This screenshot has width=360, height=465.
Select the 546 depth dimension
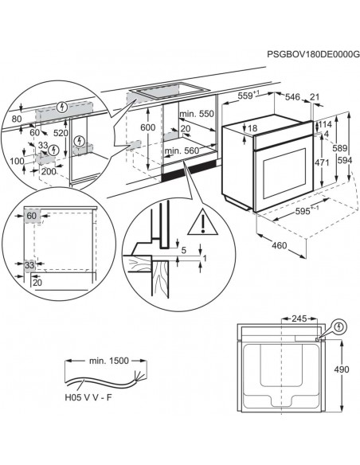coord(293,96)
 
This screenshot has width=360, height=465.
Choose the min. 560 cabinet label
coord(180,150)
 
